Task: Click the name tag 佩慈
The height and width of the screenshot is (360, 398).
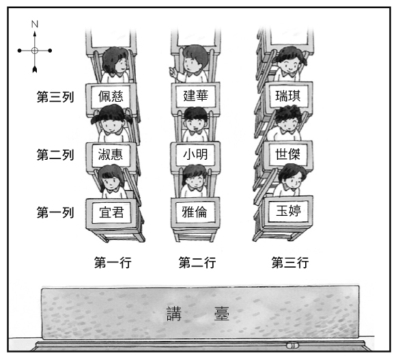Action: [111, 96]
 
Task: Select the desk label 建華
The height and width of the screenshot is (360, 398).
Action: [196, 96]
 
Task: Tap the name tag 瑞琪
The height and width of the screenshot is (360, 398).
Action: [288, 96]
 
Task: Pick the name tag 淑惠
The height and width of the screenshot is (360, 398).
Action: [111, 154]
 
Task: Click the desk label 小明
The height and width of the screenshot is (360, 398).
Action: [195, 154]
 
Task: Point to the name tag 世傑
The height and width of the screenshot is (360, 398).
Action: [288, 154]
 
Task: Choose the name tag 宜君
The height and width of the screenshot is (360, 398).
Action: [112, 212]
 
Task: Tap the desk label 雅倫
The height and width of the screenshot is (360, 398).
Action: [195, 212]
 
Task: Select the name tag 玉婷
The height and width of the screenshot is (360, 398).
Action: [288, 210]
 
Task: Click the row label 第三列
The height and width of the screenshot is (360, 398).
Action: [55, 97]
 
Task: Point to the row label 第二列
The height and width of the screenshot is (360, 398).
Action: [55, 154]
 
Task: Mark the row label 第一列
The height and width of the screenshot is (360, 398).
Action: [55, 212]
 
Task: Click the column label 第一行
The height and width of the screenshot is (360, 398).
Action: [113, 262]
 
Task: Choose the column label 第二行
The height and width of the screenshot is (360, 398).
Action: [197, 262]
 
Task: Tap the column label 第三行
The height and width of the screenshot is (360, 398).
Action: [290, 262]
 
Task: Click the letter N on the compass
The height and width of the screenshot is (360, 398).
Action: [35, 24]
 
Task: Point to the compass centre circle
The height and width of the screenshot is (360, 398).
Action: [35, 51]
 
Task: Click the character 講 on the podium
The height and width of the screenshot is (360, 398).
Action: [174, 314]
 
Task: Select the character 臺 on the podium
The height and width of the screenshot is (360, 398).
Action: [222, 314]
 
